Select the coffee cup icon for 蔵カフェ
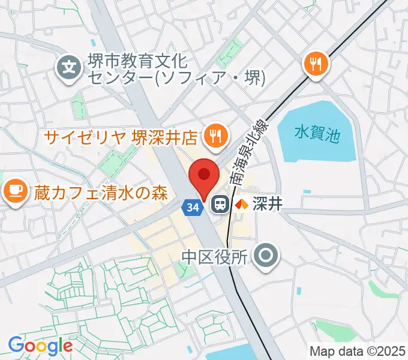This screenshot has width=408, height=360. [x=14, y=191]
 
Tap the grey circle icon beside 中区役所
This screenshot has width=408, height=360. [x=266, y=256]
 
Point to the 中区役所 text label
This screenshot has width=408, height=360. [x=214, y=257]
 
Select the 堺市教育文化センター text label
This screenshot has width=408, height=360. [x=138, y=61]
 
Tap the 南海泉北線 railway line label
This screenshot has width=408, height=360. [x=252, y=151]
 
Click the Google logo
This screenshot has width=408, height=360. [x=40, y=346]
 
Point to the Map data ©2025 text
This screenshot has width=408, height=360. [x=357, y=351]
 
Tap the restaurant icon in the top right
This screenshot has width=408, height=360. [x=316, y=63]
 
